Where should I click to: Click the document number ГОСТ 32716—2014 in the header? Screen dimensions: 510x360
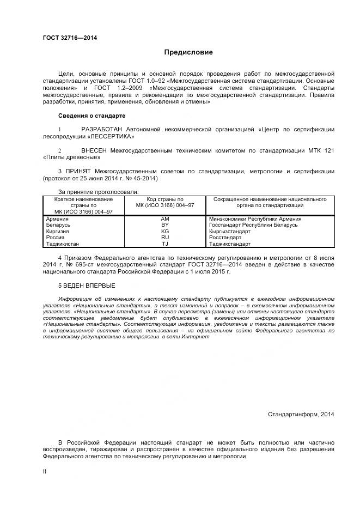tap(70, 38)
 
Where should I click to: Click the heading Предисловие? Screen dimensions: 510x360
tap(188, 53)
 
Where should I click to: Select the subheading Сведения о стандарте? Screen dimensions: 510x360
tap(91, 116)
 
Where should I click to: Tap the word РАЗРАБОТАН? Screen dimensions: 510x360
tap(102, 129)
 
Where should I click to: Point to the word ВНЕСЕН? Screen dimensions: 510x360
tap(94, 150)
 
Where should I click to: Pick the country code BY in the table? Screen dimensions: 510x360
tap(165, 225)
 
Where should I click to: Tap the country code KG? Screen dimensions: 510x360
tap(165, 231)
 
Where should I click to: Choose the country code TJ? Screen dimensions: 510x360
tap(165, 244)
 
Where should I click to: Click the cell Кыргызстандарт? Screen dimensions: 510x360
tap(229, 231)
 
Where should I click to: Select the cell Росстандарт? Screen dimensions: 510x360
tap(225, 238)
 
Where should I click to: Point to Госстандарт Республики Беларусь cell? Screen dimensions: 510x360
tap(253, 225)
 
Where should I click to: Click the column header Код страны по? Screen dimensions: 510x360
tap(165, 199)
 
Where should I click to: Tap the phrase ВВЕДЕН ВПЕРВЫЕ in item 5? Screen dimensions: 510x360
tap(89, 286)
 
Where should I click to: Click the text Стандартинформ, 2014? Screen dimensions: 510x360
tap(301, 414)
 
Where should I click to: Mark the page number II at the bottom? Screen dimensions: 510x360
tap(45, 472)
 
